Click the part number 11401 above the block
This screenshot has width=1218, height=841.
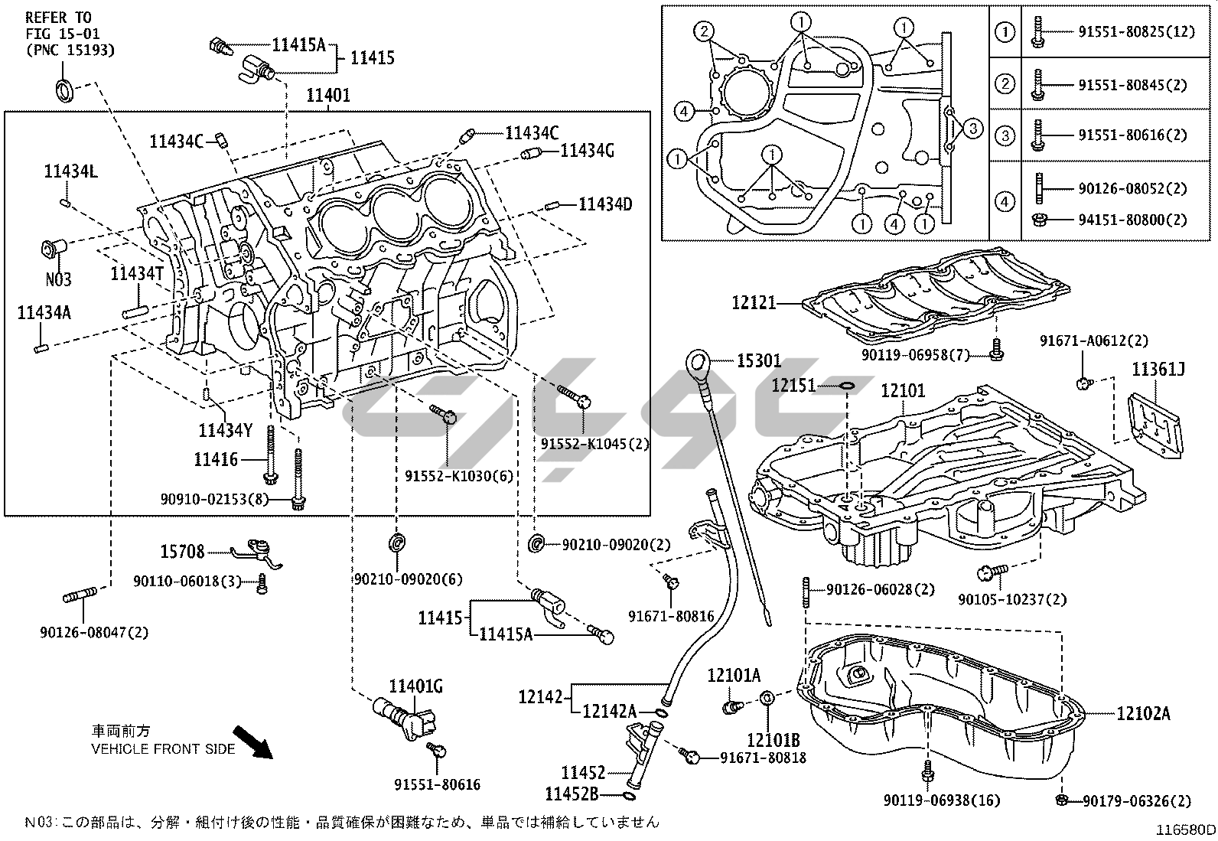click(328, 96)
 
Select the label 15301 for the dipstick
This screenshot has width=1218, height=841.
click(759, 360)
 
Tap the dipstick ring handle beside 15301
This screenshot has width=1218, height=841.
click(699, 362)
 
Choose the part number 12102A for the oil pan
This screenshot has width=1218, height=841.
click(1143, 713)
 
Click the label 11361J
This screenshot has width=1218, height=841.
click(1158, 370)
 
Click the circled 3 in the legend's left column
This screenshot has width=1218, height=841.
click(1005, 135)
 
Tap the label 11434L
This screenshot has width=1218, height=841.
click(70, 173)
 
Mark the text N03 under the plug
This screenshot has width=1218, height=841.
click(58, 279)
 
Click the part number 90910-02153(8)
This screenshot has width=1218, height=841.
click(215, 499)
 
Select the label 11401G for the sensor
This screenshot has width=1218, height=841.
click(416, 686)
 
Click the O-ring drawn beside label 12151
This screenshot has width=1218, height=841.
click(845, 385)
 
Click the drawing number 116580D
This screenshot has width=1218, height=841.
click(1185, 830)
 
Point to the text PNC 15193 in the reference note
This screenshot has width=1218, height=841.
click(70, 51)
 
